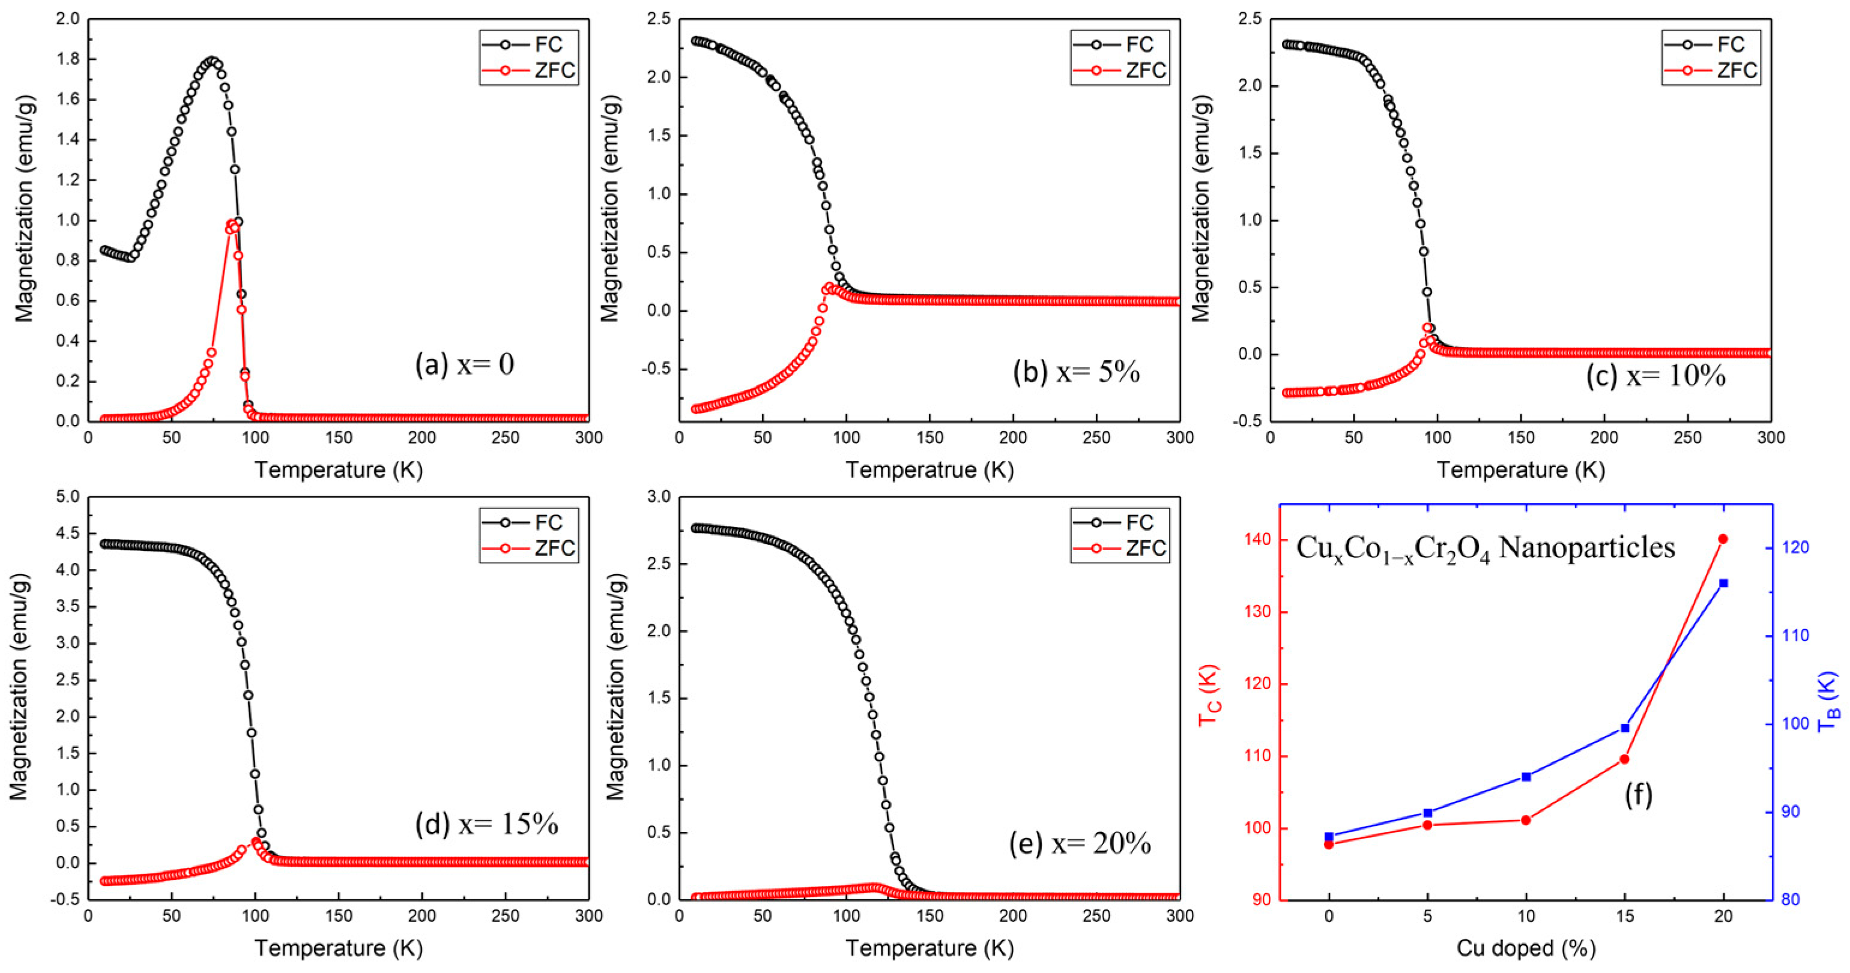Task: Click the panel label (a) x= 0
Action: point(465,366)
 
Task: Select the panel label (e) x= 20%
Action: point(1080,844)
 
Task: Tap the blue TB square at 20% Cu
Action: point(1723,583)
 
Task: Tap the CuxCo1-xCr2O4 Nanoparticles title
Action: point(1485,549)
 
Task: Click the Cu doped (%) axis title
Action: point(1525,948)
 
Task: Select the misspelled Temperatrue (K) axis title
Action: point(930,471)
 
